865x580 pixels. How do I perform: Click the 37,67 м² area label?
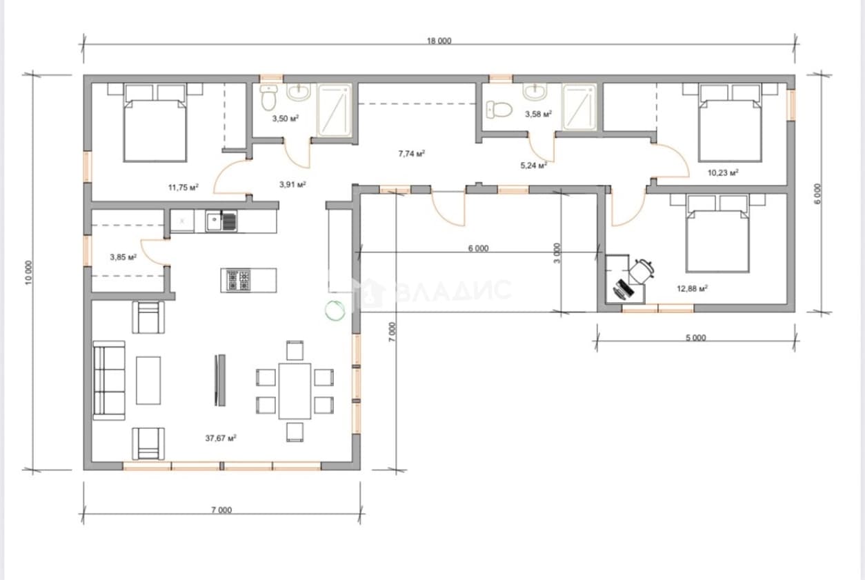click(x=221, y=439)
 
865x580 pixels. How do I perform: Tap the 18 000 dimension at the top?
click(x=439, y=41)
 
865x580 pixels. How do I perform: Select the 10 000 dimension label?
click(x=29, y=272)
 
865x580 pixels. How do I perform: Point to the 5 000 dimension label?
click(x=696, y=337)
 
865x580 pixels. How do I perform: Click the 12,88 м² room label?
click(x=692, y=288)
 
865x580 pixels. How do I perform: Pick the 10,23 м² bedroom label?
click(x=723, y=172)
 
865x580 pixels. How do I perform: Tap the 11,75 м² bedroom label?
click(x=183, y=188)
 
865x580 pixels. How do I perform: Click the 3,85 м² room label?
click(x=123, y=257)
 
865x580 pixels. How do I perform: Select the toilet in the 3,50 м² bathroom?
click(x=268, y=98)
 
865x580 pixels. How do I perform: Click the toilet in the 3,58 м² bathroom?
click(x=499, y=110)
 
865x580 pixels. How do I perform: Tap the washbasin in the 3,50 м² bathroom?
click(x=298, y=92)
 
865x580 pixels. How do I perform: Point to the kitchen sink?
click(x=221, y=221)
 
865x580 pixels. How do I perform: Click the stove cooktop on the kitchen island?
click(x=238, y=281)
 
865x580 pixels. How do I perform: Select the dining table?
click(x=295, y=391)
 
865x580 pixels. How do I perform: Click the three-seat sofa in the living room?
click(x=109, y=381)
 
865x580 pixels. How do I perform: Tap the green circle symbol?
click(x=335, y=310)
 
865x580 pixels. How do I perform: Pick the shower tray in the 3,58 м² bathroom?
click(x=577, y=108)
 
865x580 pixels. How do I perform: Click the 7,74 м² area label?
click(x=412, y=154)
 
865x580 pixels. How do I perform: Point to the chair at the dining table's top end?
click(x=295, y=350)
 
